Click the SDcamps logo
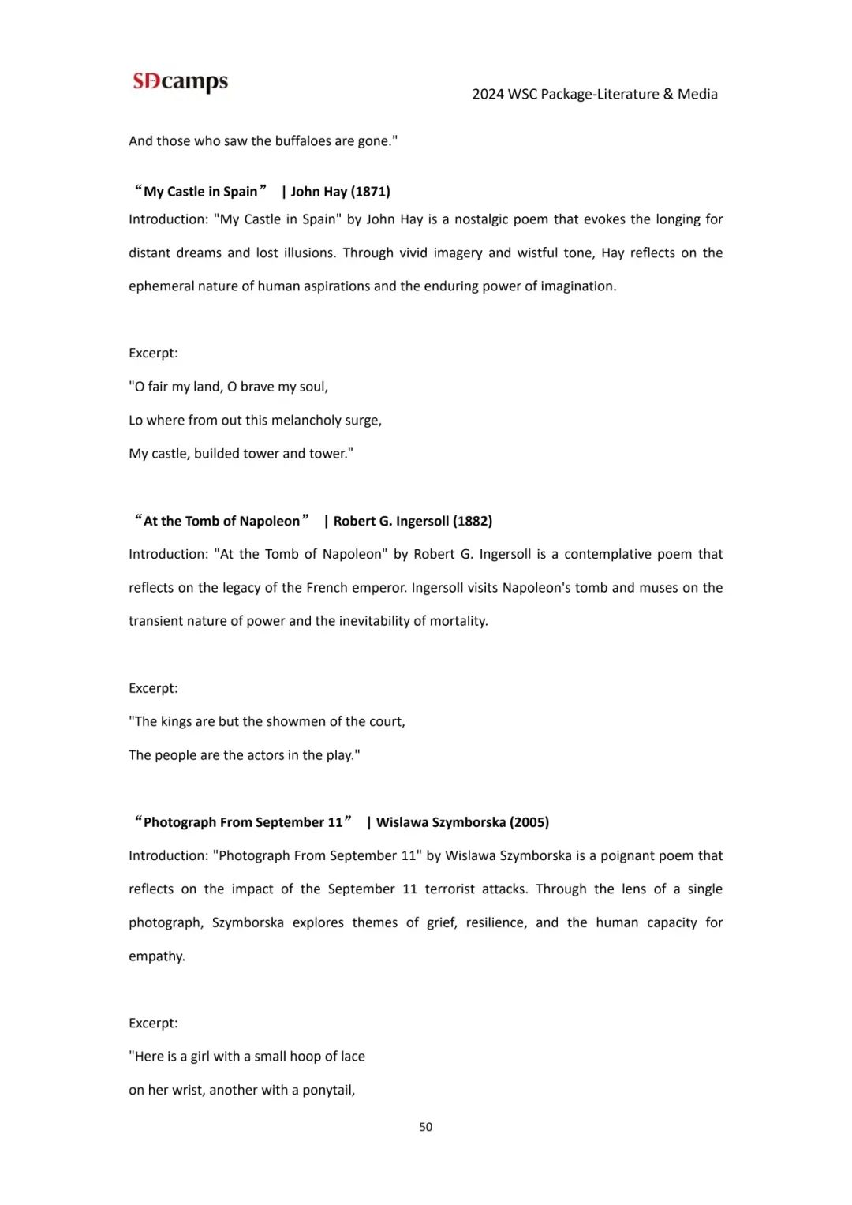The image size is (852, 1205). click(180, 81)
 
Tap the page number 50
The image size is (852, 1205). click(425, 1127)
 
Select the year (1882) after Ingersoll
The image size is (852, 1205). click(472, 521)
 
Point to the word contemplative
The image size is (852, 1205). click(607, 554)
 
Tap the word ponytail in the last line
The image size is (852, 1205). click(328, 1091)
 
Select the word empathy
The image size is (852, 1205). click(156, 956)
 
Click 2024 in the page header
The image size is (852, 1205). click(488, 95)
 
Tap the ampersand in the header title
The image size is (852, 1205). click(668, 95)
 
